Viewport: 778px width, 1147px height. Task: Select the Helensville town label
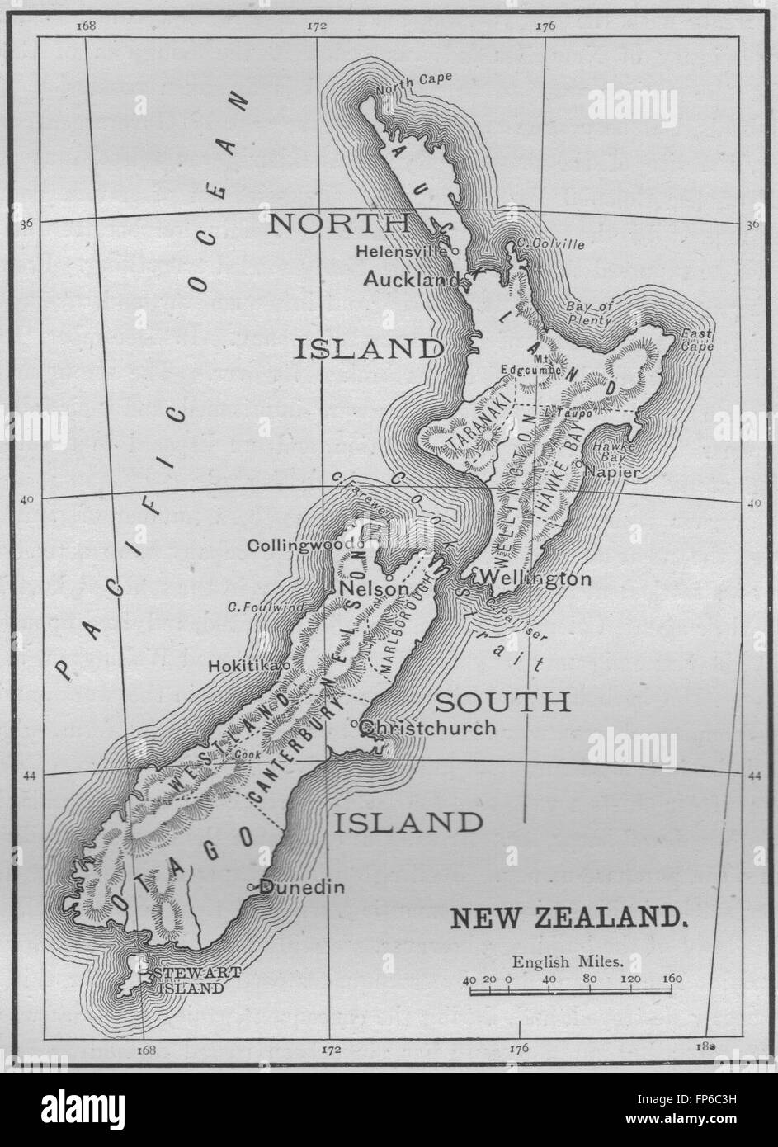pyautogui.click(x=401, y=250)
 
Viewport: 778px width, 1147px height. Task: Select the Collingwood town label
pyautogui.click(x=300, y=545)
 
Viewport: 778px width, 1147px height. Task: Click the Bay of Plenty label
pyautogui.click(x=590, y=313)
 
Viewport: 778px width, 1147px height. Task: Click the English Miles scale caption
pyautogui.click(x=568, y=961)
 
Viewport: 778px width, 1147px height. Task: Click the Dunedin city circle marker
pyautogui.click(x=251, y=887)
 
